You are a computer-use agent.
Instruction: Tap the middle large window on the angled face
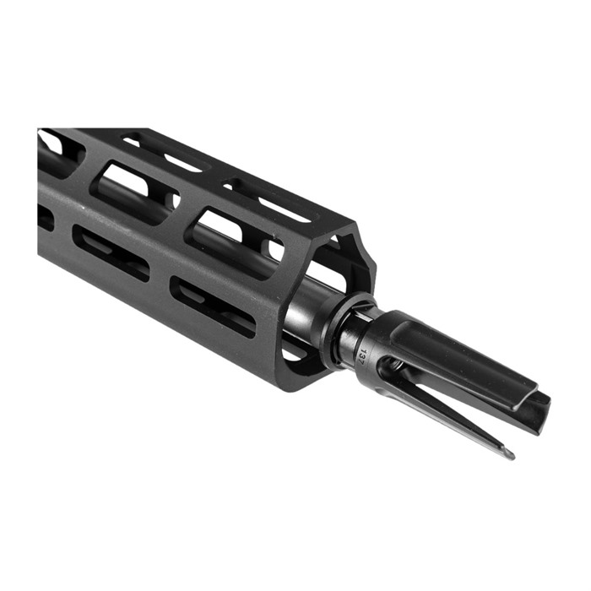(x=135, y=190)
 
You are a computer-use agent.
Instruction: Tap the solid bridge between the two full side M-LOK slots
(x=160, y=279)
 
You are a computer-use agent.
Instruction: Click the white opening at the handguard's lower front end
(x=291, y=348)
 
